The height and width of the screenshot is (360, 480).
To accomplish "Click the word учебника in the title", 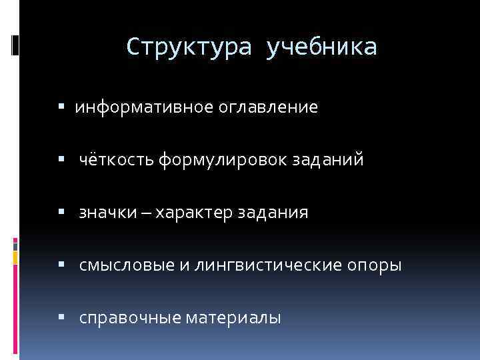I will pos(321,47).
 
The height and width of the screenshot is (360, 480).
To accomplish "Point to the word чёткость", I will pos(117,160).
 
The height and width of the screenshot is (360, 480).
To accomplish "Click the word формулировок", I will pos(223,160).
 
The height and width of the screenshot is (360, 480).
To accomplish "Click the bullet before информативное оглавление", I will pos(61,107).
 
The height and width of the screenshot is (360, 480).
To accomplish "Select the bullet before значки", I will pos(61,213).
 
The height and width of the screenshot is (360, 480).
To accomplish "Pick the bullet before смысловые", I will pos(61,265).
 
